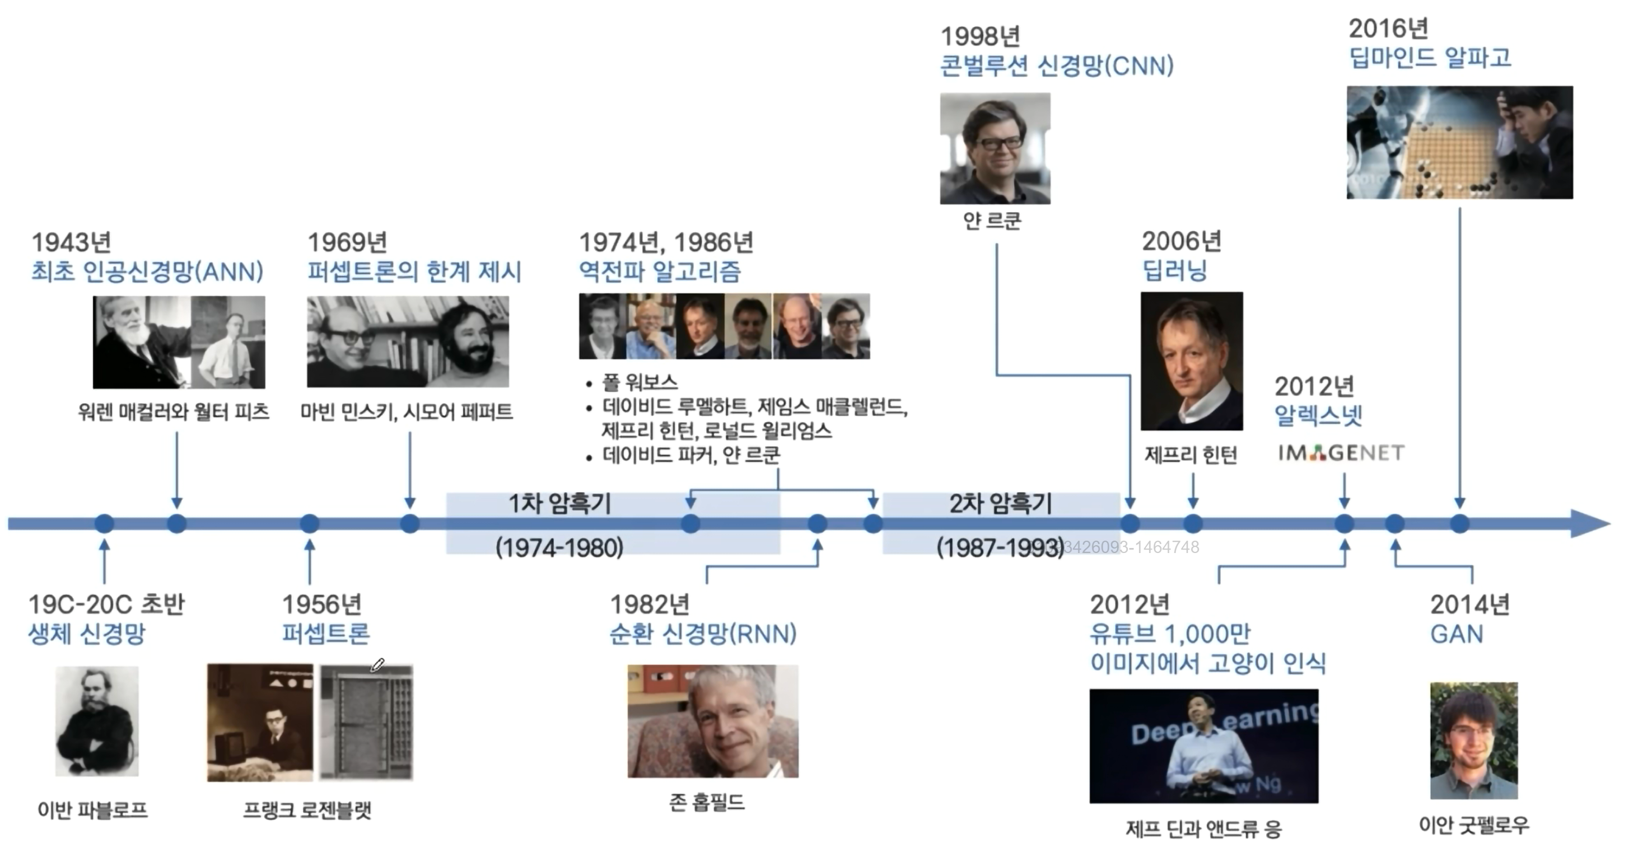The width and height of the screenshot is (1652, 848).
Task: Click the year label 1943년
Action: tap(71, 242)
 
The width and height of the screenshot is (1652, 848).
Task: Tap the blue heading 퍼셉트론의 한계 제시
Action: tap(414, 272)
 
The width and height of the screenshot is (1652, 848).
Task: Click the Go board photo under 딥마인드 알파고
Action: tap(1459, 142)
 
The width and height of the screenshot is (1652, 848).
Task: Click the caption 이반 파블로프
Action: tap(92, 809)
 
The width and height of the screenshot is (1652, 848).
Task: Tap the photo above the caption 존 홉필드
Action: tap(712, 721)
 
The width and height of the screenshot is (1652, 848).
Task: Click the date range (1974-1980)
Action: tap(559, 547)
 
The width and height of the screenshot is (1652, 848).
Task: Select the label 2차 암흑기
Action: tap(1000, 504)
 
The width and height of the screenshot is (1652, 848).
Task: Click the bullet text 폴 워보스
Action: tap(640, 383)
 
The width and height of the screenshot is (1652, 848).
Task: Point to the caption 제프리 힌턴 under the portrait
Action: tap(1191, 455)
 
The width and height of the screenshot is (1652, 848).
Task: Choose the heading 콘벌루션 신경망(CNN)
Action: tap(1057, 65)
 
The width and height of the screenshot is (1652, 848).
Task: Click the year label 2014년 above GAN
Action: tap(1470, 604)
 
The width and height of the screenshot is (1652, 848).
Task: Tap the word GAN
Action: tap(1457, 634)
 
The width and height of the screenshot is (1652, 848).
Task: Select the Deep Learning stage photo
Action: tap(1204, 746)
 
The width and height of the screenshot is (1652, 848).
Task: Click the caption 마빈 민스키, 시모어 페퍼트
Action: tap(407, 411)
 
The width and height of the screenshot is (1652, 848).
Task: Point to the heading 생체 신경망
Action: tap(87, 634)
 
